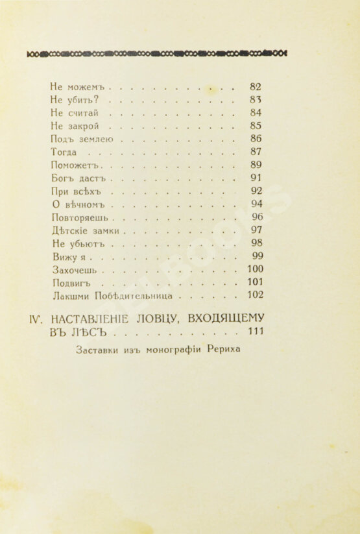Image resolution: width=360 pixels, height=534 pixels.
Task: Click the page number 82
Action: [x=255, y=86]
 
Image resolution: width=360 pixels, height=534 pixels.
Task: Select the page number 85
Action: [x=255, y=126]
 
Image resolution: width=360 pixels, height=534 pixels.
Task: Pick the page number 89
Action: [x=255, y=165]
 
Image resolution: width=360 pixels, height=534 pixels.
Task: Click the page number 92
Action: [x=255, y=191]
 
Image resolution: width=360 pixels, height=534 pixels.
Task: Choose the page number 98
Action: [x=255, y=243]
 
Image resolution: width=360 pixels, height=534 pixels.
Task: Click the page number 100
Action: [x=253, y=269]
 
